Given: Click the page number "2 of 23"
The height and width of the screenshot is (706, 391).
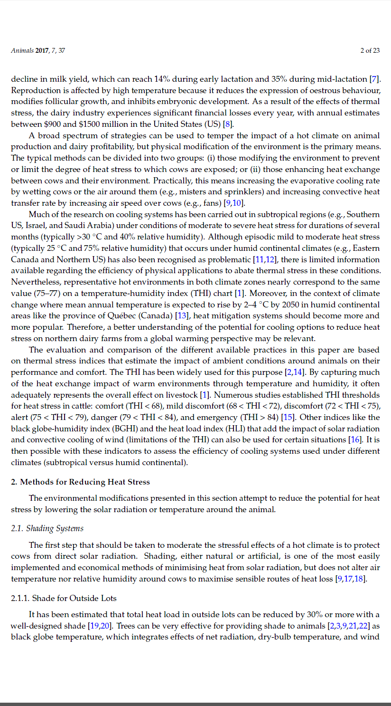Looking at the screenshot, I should coord(370,50).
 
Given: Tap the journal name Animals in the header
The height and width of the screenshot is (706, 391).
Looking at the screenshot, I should coord(22,50).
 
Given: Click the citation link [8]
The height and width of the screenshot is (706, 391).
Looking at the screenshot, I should coord(228,124).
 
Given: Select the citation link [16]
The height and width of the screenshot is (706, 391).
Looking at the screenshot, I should coord(355,440).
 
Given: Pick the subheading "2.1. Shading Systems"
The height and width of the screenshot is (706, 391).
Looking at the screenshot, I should coord(47,528).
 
